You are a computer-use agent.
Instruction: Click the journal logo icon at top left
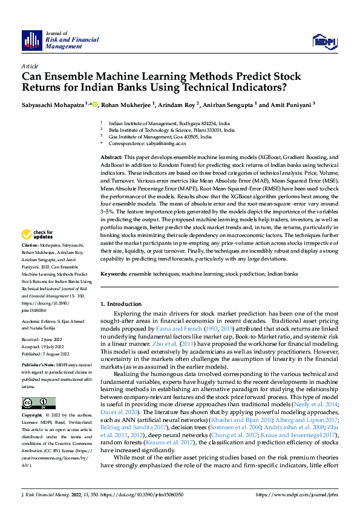tap(31, 40)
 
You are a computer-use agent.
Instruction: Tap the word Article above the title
tap(28, 66)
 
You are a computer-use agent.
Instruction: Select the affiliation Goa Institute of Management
tap(145, 137)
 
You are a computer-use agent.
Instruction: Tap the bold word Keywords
tap(114, 274)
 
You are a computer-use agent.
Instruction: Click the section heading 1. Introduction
tap(120, 303)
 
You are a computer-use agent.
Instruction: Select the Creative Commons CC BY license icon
tap(39, 403)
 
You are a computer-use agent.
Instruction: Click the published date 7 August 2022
tap(59, 353)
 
